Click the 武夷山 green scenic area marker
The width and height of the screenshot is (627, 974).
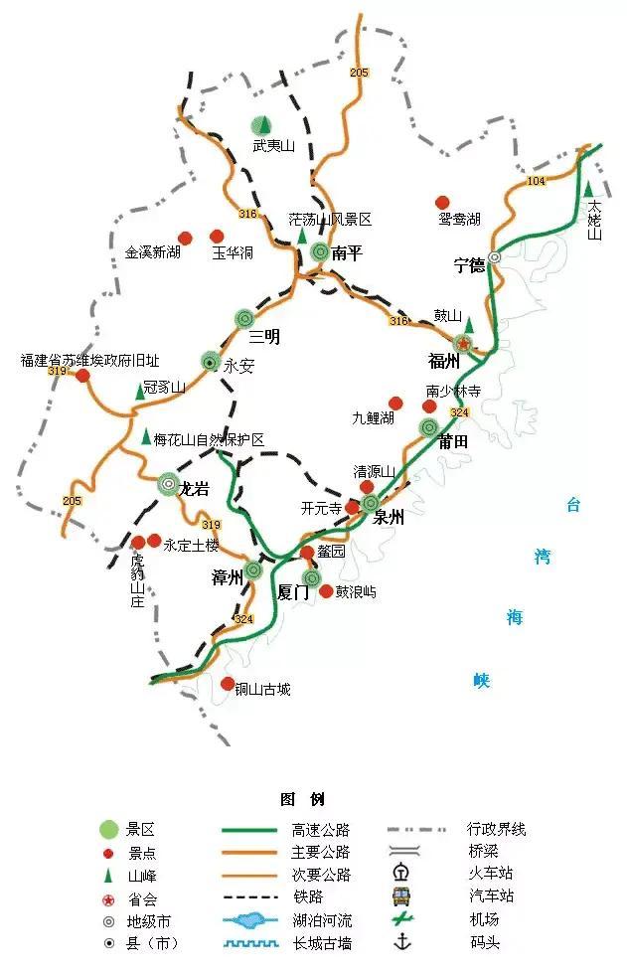click(x=260, y=126)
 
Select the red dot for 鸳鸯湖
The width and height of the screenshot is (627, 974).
click(x=443, y=202)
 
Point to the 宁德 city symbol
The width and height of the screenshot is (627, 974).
click(x=494, y=256)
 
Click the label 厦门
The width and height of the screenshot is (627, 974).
click(x=295, y=593)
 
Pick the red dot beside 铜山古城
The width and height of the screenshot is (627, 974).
click(x=228, y=684)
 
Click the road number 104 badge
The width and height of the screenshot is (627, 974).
click(x=537, y=181)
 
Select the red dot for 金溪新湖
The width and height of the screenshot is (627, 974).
click(x=184, y=238)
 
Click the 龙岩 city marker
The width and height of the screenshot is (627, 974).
click(x=169, y=484)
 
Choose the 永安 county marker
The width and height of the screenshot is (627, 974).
click(x=210, y=362)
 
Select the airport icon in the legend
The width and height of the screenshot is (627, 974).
click(x=401, y=919)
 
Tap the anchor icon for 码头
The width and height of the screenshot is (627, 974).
click(x=402, y=942)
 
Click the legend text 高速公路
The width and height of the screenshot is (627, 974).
click(x=321, y=829)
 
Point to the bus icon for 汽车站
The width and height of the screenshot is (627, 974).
click(x=401, y=895)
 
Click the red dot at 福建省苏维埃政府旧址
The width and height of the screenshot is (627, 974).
click(x=82, y=376)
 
